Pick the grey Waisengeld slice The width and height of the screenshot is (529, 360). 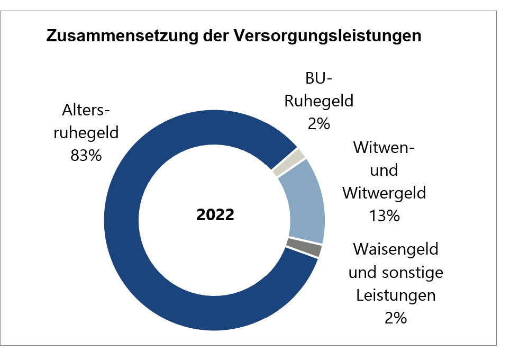pos(305,248)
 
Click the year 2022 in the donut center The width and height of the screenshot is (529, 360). pos(215,215)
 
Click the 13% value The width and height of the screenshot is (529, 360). pos(384,215)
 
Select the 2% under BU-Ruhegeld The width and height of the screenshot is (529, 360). pos(318,124)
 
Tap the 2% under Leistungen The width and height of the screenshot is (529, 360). pos(395,318)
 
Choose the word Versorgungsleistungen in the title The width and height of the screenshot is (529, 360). pos(327,37)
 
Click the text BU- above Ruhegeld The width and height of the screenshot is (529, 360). pos(318,78)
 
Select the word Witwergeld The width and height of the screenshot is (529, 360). pos(384,193)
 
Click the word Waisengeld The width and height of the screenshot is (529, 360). pos(395,249)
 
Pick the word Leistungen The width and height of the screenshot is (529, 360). pos(395,295)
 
